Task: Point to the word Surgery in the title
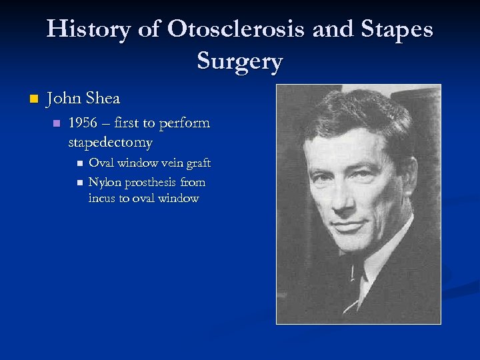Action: click(x=240, y=61)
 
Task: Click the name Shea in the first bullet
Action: click(x=103, y=99)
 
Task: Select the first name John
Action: click(x=64, y=99)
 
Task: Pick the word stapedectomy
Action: click(x=110, y=143)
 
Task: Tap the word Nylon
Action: click(x=105, y=182)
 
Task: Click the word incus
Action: click(x=102, y=198)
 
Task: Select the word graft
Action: click(x=197, y=163)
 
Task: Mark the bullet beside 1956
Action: click(x=57, y=124)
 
